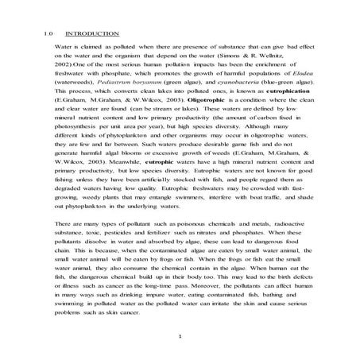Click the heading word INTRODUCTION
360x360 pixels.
[x=91, y=35]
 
